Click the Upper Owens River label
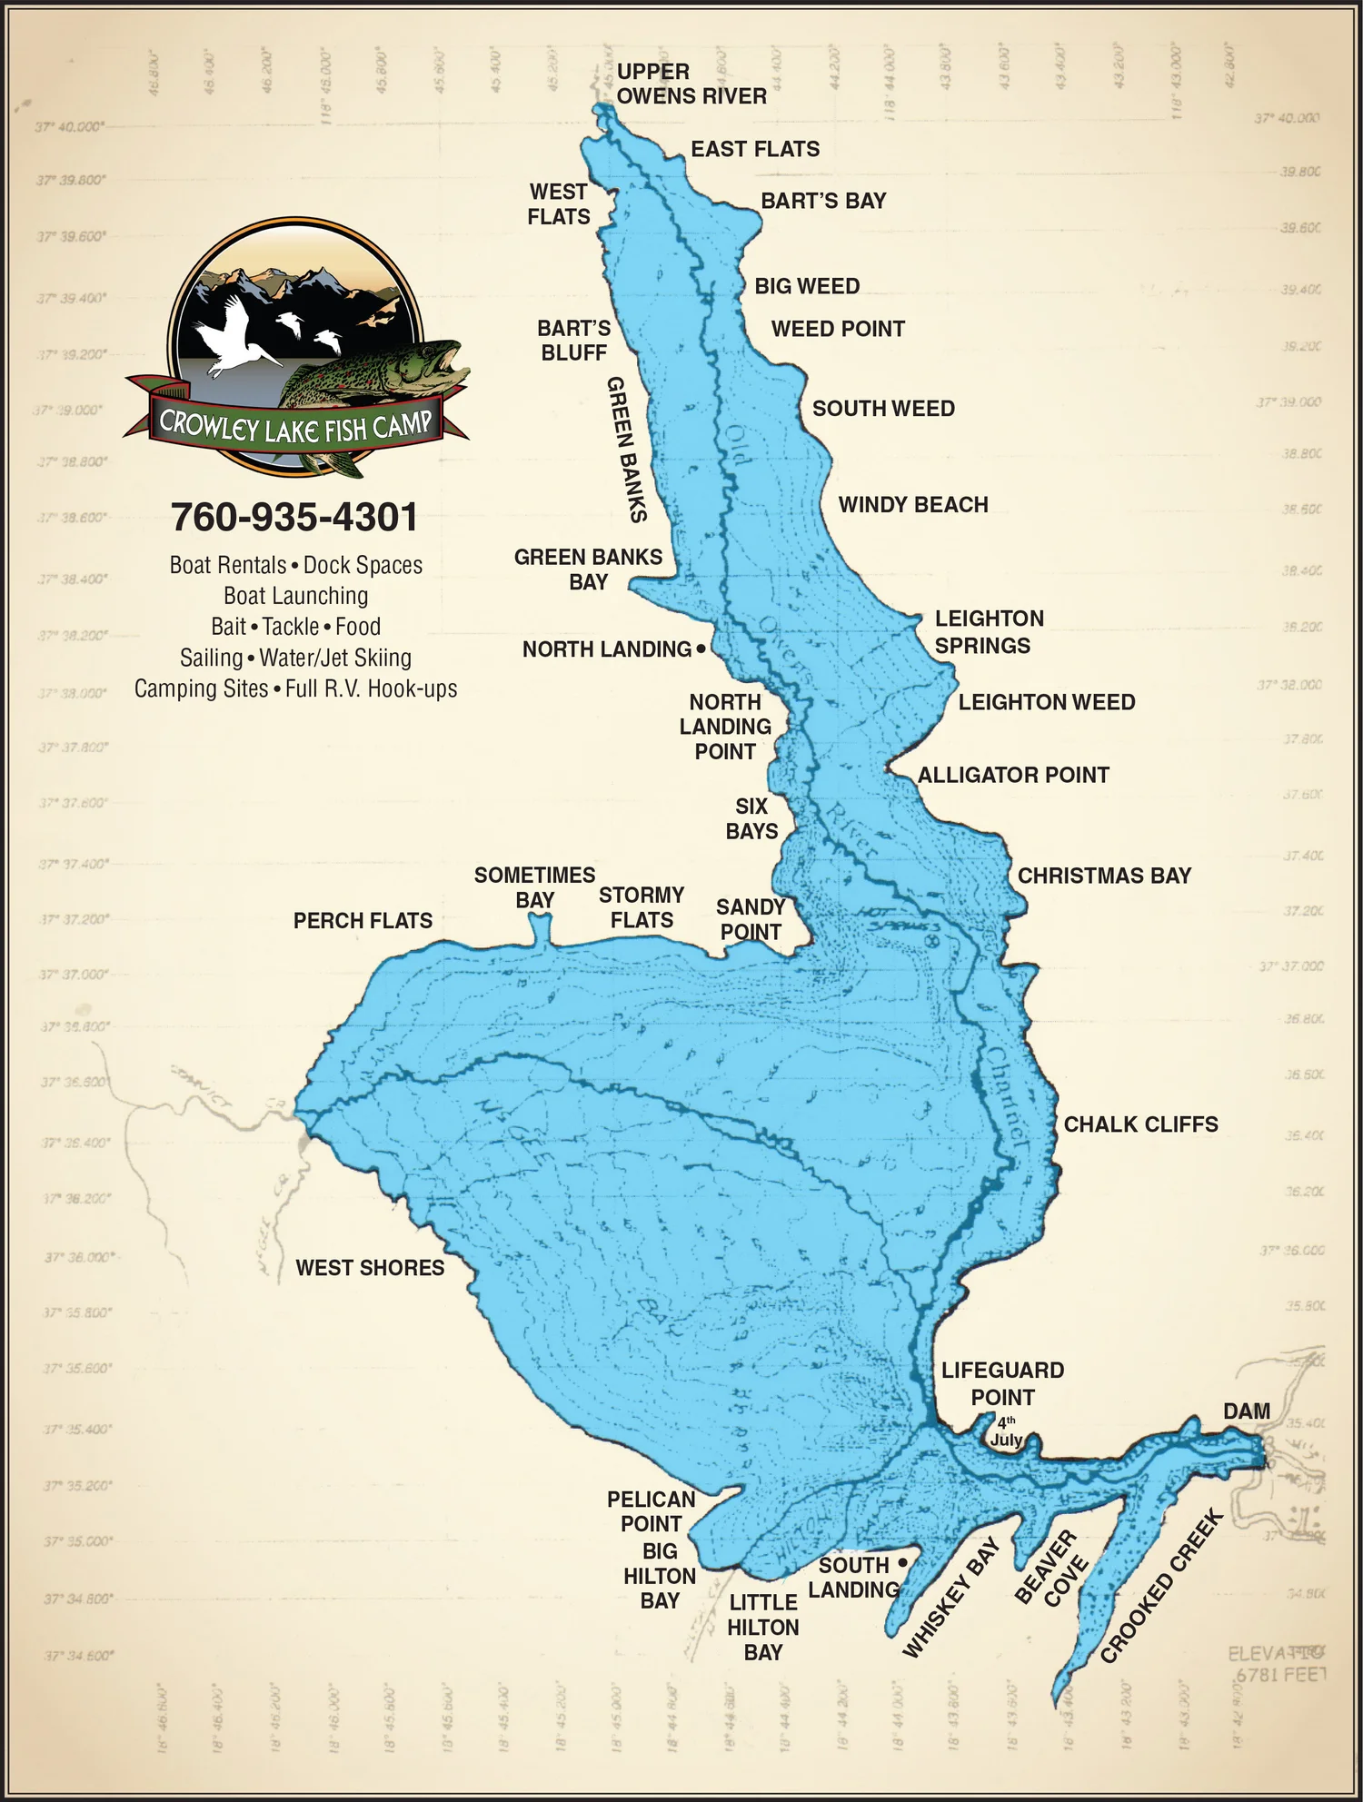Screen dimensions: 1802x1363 click(691, 84)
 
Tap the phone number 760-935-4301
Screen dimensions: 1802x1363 click(295, 518)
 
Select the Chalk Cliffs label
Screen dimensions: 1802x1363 click(1140, 1124)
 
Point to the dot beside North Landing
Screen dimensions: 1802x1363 click(701, 649)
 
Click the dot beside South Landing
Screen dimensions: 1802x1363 click(901, 1562)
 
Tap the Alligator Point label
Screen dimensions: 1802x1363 click(1013, 775)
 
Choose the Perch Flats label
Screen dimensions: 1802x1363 click(363, 921)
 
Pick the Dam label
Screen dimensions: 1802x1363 click(1246, 1411)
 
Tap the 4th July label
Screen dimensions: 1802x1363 click(1006, 1431)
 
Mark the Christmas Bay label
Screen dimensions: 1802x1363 click(1104, 876)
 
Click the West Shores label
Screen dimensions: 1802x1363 click(370, 1268)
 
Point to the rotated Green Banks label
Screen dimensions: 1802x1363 click(625, 449)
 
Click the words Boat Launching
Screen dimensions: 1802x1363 click(295, 596)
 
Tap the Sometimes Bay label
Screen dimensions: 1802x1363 click(534, 887)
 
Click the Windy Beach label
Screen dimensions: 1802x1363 click(912, 505)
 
